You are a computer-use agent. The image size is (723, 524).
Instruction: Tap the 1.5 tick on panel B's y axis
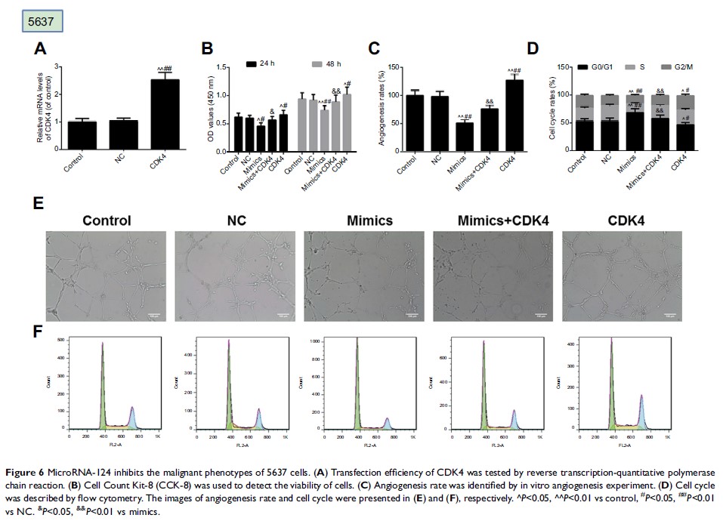tap(221, 67)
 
